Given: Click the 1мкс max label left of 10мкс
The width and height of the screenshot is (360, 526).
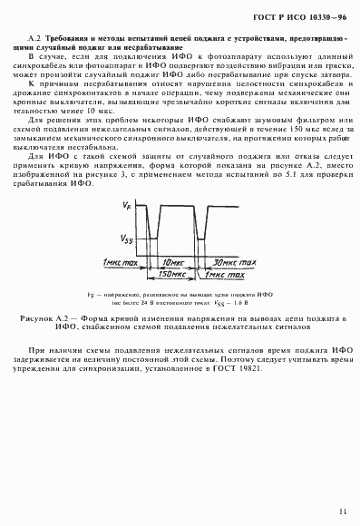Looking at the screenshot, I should pos(120,261).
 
